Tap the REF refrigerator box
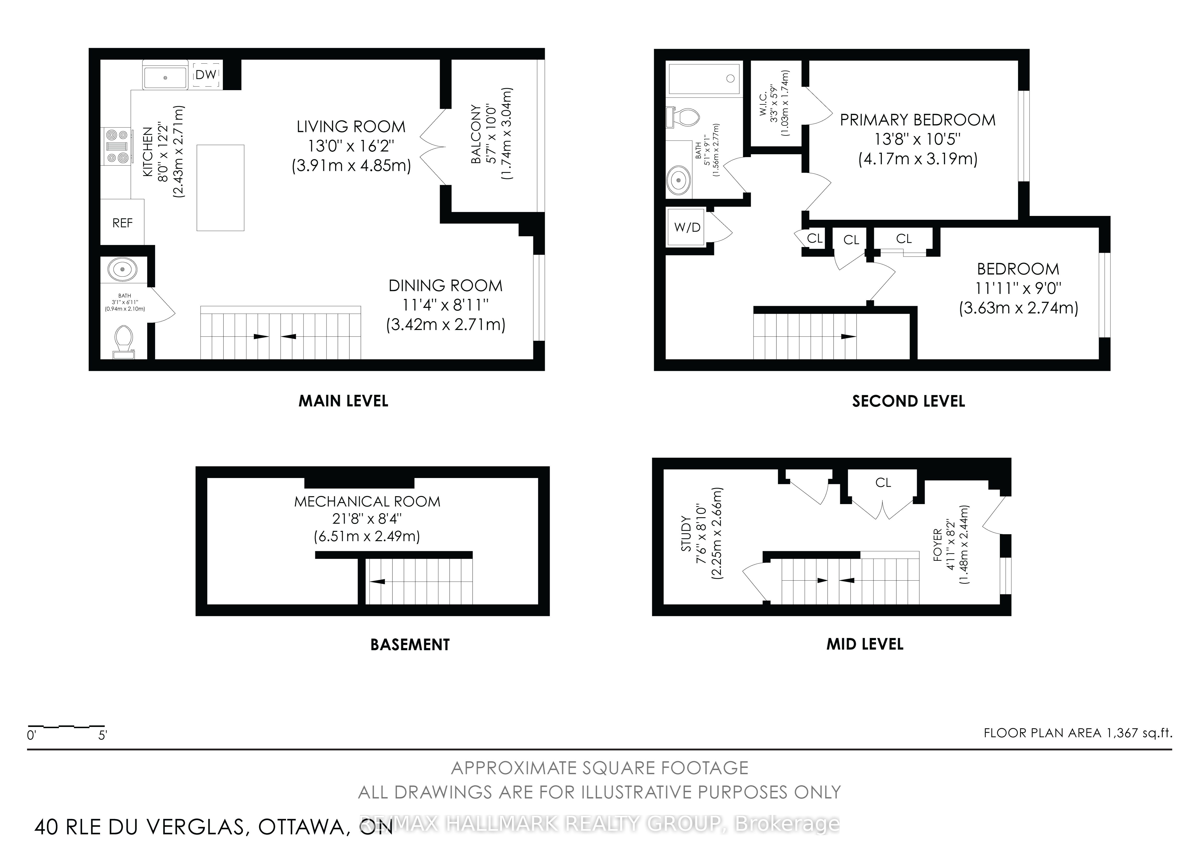tap(122, 223)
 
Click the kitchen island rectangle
tap(220, 188)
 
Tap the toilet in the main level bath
tap(124, 342)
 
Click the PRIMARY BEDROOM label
tap(918, 120)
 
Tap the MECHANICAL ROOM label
tap(367, 501)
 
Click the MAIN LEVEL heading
tap(343, 401)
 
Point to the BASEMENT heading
tap(410, 644)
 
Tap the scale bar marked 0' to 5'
tap(66, 726)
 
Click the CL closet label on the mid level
tap(883, 483)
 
